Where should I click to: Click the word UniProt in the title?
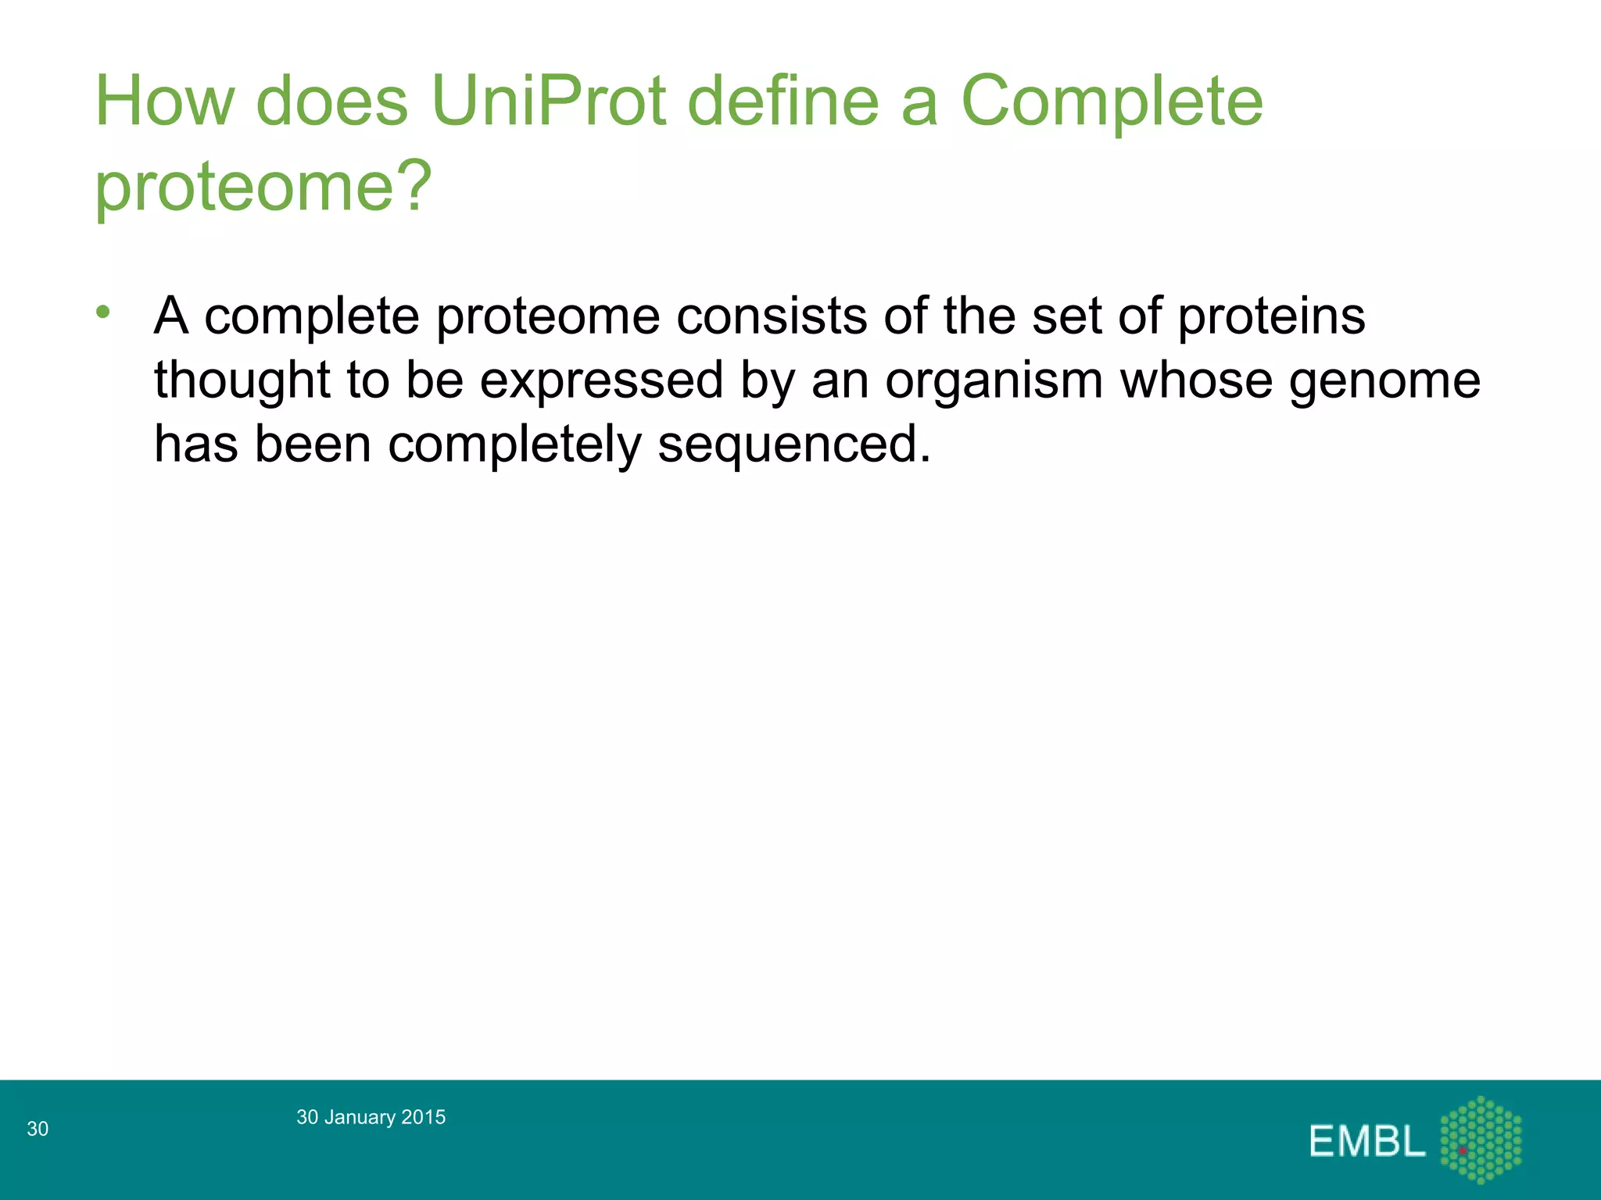(548, 102)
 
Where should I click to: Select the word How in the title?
(165, 102)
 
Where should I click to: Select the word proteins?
(1271, 316)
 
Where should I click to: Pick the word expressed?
(601, 380)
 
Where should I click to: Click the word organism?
(994, 380)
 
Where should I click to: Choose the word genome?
(1384, 380)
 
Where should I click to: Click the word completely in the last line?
(514, 445)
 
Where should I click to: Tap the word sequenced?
(794, 445)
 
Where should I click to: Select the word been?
(313, 445)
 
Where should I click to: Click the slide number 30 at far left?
(38, 1128)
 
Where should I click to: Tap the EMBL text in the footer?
(1367, 1141)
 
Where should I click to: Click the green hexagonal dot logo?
(1481, 1139)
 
